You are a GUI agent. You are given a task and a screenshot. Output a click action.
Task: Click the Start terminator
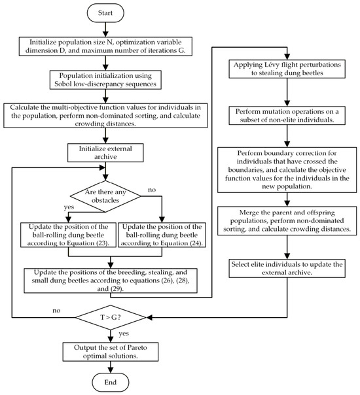point(105,13)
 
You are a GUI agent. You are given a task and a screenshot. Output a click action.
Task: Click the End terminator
point(111,383)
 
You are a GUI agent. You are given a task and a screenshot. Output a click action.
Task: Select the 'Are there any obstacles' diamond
point(105,196)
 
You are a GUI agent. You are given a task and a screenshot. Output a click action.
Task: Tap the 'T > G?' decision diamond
point(111,317)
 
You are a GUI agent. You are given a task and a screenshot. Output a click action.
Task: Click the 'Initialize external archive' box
point(105,152)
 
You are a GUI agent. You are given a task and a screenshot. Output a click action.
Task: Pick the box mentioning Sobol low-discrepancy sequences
point(105,80)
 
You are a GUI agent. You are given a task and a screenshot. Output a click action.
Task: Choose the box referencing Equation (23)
point(68,235)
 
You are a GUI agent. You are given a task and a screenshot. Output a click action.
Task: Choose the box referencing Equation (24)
point(162,235)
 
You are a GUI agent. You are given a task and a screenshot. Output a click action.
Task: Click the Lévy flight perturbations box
point(287,69)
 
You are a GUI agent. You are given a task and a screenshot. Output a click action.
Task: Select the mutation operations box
point(287,116)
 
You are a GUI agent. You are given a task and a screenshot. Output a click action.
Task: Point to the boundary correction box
point(287,170)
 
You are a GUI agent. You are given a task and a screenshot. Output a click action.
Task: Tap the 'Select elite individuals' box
point(287,268)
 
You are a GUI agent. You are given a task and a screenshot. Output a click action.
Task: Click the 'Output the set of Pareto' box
point(111,352)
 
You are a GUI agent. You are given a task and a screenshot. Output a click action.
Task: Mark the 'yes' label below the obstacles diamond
point(69,207)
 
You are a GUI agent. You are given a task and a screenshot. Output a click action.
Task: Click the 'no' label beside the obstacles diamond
point(152,190)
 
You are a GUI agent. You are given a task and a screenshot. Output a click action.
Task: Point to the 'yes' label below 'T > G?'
point(124,334)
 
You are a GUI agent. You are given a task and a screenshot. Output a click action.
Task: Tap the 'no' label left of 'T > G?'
point(56,311)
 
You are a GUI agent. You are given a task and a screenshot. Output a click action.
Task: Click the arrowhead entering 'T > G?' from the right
point(149,317)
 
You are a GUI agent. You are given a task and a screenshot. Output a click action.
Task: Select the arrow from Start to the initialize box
point(105,29)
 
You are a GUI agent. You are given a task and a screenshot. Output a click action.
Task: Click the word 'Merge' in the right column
point(249,213)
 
